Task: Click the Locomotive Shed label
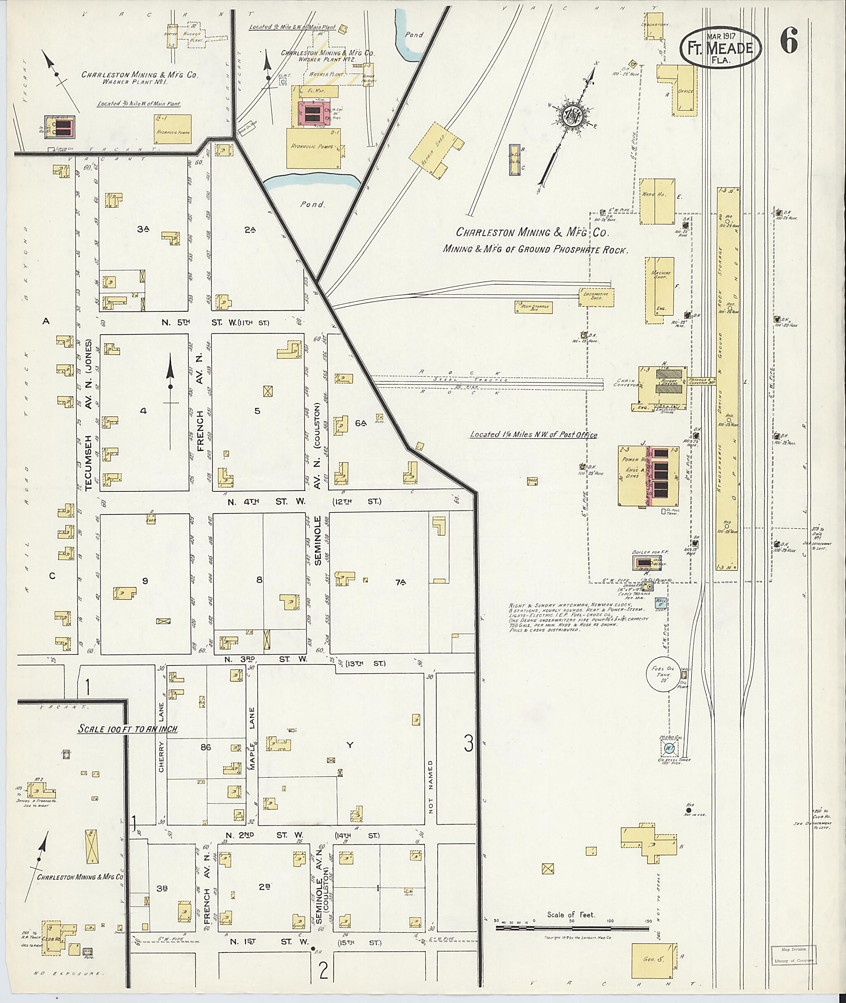point(596,295)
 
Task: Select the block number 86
point(206,747)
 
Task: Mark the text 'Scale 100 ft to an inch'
point(128,729)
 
